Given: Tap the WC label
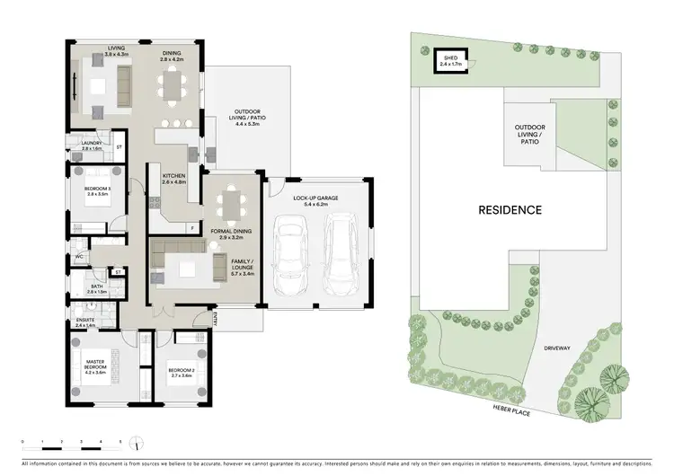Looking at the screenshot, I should (x=80, y=257).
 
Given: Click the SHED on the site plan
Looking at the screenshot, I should (x=450, y=59).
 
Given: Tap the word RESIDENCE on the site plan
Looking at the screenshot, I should (x=510, y=210).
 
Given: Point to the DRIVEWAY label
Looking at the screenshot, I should (x=556, y=347).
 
